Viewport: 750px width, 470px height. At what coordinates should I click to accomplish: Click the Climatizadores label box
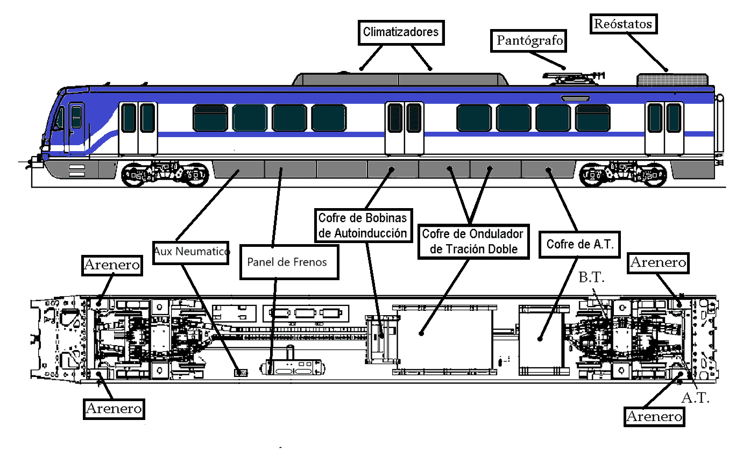(401, 32)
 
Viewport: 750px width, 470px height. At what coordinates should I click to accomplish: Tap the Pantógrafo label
(528, 41)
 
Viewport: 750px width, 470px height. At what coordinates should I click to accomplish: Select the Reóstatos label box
(623, 24)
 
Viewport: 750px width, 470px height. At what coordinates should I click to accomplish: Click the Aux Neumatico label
(191, 253)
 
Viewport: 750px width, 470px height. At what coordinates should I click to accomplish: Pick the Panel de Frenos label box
(289, 262)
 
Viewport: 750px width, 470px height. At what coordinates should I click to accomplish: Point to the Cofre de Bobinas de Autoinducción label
(363, 225)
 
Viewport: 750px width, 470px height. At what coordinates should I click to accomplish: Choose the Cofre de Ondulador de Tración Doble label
(473, 241)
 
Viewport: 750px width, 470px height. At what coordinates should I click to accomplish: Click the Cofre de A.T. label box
(579, 244)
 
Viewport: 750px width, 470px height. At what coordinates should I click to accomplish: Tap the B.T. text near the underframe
(591, 277)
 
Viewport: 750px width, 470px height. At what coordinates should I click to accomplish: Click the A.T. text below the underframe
(696, 398)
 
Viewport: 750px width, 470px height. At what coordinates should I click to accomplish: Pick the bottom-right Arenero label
(654, 416)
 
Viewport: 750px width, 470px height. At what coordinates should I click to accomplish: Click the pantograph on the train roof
(573, 79)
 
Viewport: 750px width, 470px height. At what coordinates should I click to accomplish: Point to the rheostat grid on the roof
(673, 80)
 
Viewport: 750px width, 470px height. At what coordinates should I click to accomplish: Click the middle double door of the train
(405, 129)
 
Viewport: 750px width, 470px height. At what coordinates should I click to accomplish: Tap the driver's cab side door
(76, 128)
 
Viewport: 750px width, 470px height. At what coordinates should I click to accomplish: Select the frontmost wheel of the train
(133, 175)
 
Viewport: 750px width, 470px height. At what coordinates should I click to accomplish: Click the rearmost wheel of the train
(654, 175)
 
